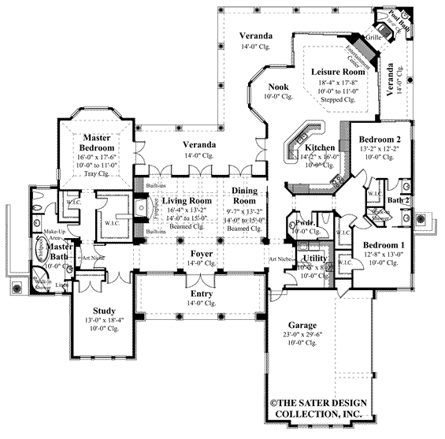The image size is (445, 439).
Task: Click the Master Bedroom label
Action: click(x=99, y=143)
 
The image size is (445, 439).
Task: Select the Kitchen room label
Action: click(x=321, y=148)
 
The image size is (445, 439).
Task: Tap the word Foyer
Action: click(x=202, y=254)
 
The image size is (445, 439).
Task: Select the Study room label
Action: click(x=104, y=311)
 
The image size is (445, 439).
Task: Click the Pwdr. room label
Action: click(x=303, y=223)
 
